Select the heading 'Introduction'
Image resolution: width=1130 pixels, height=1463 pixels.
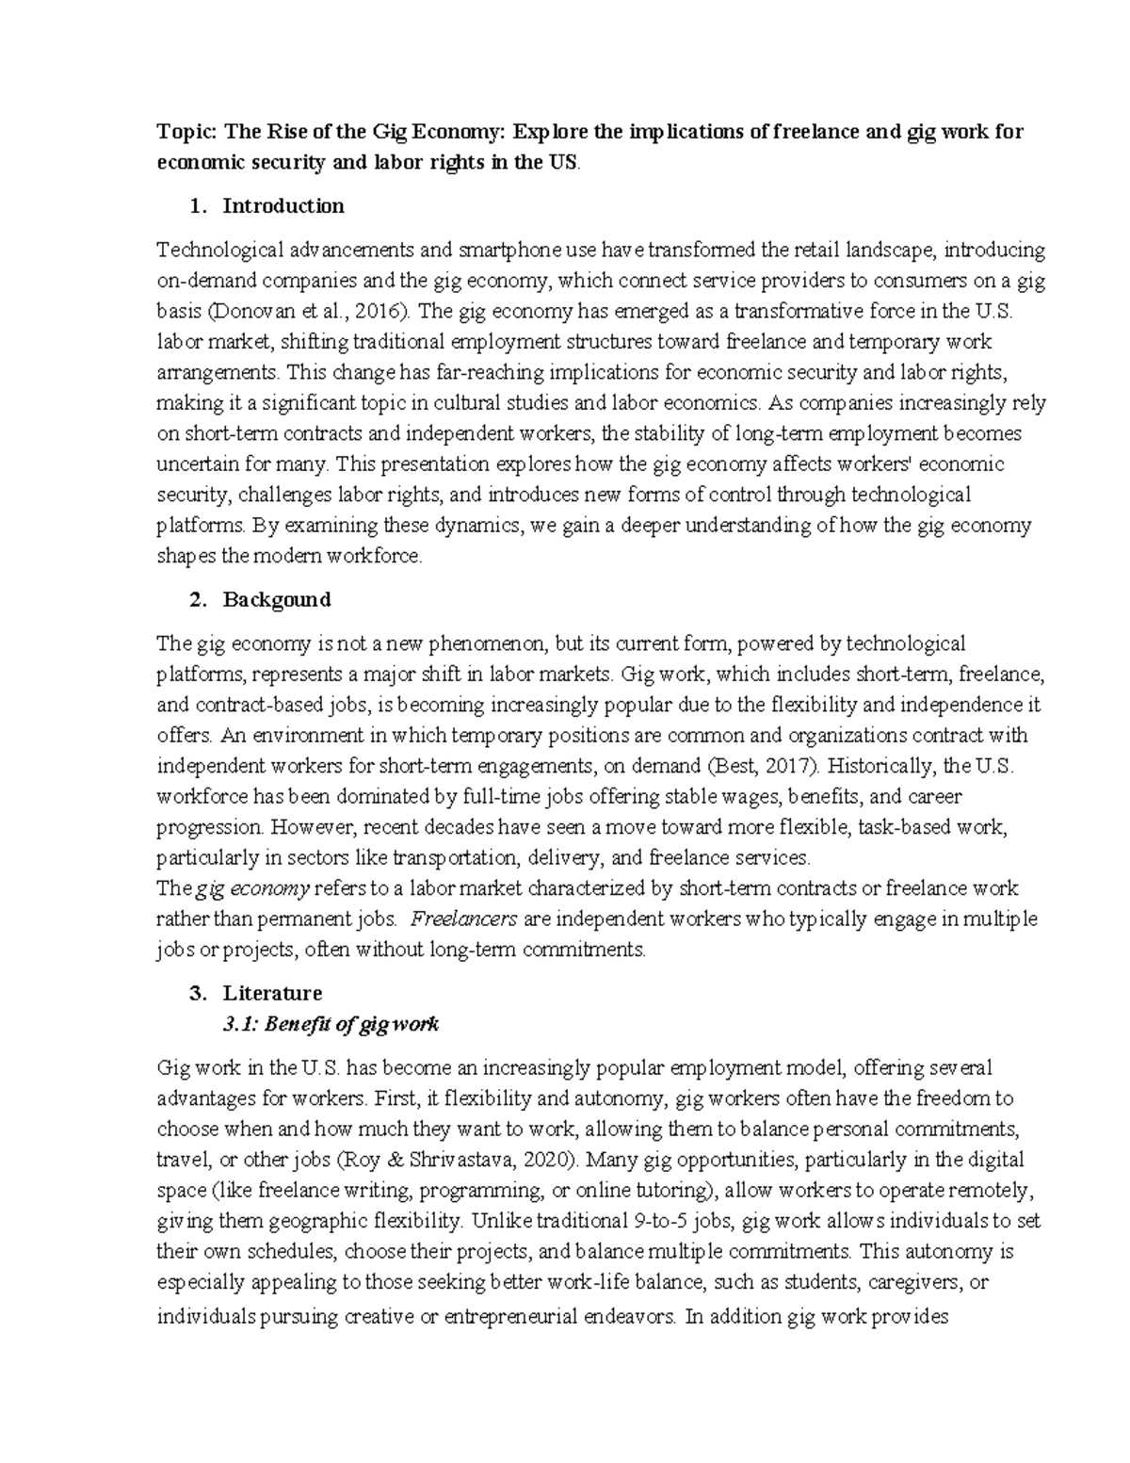click(283, 205)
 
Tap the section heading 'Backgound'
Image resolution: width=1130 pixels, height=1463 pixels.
click(277, 599)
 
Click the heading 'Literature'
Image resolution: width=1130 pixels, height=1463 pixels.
click(272, 993)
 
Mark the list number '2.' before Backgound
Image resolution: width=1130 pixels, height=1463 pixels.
click(198, 599)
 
